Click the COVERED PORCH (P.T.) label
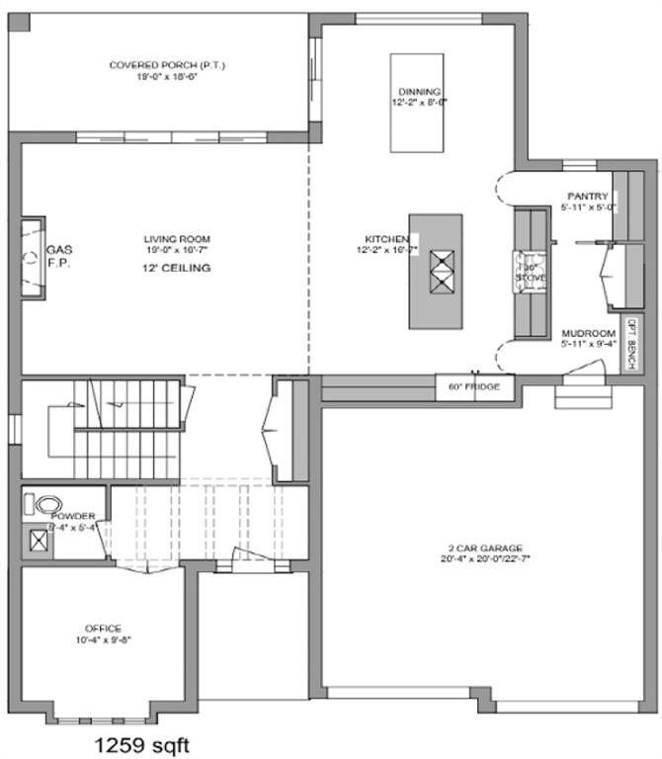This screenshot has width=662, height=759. (x=168, y=65)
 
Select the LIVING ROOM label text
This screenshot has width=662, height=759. (x=177, y=239)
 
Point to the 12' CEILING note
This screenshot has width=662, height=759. (x=177, y=268)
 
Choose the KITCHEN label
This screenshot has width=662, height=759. (x=386, y=239)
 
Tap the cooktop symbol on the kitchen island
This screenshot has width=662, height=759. (x=440, y=268)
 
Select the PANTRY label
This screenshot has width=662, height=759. (x=587, y=196)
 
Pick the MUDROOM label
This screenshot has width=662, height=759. (x=588, y=333)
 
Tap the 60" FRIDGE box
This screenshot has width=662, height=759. (x=475, y=386)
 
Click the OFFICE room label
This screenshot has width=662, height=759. (x=103, y=629)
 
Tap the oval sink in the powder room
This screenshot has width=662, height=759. (x=46, y=503)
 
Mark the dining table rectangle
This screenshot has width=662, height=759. (x=414, y=103)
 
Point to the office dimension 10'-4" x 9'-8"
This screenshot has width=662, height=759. (x=103, y=639)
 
